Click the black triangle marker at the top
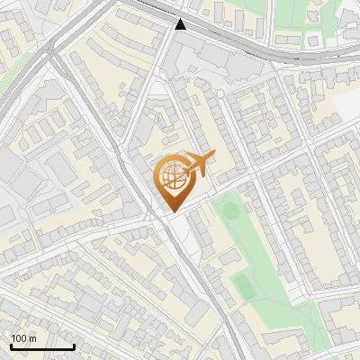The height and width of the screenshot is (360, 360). (x=181, y=24)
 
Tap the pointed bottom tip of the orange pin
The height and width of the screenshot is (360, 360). (x=171, y=211)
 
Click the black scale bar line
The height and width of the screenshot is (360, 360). (x=42, y=346)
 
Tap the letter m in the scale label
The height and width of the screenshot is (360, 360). (x=31, y=338)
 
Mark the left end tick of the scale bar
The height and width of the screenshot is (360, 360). (x=11, y=346)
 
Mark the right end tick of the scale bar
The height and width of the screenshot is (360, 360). (x=74, y=346)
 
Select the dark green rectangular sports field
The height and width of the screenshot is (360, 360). (x=243, y=287)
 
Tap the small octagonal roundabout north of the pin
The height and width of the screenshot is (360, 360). (x=159, y=85)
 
